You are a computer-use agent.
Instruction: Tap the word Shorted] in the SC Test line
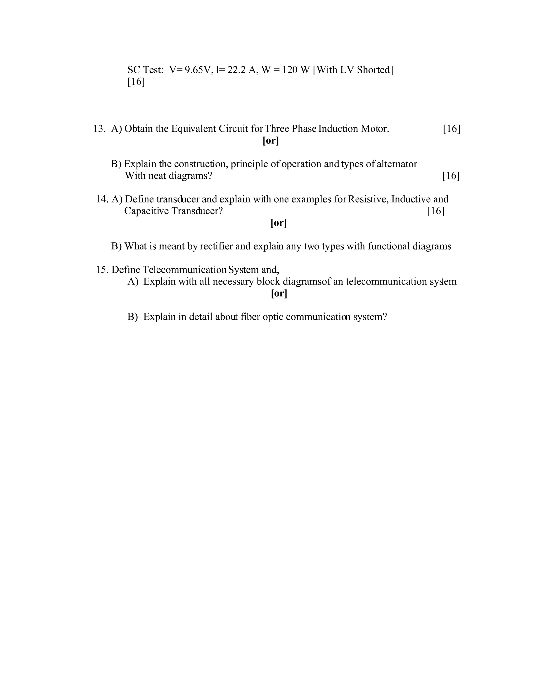375,70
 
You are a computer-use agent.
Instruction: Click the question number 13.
99,129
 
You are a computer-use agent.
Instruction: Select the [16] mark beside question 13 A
451,129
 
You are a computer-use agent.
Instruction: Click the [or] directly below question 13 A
271,141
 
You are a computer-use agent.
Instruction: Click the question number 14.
102,199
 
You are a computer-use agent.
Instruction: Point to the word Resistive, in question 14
368,199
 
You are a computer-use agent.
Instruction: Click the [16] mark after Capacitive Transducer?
436,211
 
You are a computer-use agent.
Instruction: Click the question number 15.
102,270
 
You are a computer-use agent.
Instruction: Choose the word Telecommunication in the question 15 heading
185,270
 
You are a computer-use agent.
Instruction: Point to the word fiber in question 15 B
250,317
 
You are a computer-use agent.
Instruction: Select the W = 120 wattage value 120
290,70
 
